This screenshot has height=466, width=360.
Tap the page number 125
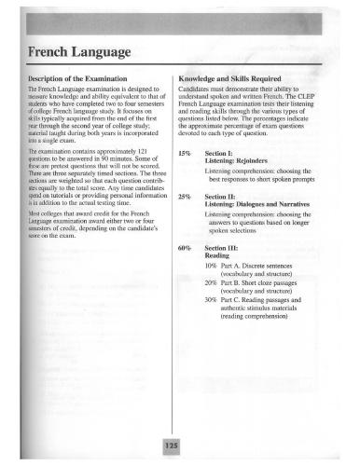tap(171, 448)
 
